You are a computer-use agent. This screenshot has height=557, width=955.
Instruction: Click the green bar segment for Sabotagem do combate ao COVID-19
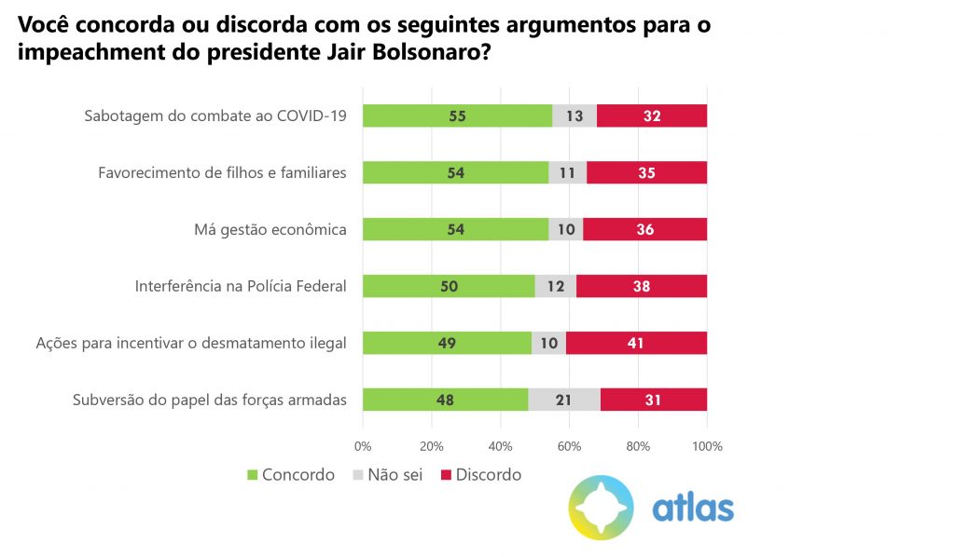click(x=457, y=115)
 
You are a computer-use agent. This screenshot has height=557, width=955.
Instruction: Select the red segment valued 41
click(x=636, y=343)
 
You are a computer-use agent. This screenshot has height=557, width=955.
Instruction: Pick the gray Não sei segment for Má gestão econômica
click(x=565, y=229)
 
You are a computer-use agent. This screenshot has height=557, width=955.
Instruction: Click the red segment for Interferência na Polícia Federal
click(x=642, y=286)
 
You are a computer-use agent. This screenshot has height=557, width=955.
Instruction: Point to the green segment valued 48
click(x=446, y=400)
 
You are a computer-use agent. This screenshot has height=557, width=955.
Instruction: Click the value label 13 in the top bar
click(x=574, y=115)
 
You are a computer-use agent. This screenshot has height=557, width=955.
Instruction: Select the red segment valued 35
click(x=646, y=172)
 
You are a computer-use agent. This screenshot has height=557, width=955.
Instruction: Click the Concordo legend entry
click(x=290, y=475)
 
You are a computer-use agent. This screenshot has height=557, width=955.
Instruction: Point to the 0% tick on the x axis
click(x=363, y=446)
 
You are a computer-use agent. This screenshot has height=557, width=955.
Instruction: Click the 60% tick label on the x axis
click(x=570, y=446)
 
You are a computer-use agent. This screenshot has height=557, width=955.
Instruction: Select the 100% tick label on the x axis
click(x=707, y=446)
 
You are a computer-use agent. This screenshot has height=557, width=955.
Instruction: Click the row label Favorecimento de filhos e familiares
click(x=222, y=172)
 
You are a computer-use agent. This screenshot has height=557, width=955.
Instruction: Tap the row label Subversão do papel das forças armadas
click(x=210, y=400)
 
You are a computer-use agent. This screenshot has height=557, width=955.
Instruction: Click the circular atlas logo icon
click(x=602, y=508)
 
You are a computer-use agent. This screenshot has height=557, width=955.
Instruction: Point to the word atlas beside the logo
click(x=692, y=509)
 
